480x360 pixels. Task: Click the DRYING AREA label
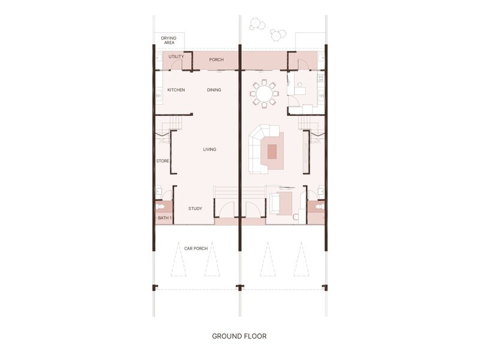[x=169, y=41]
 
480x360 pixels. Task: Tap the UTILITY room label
[x=176, y=57]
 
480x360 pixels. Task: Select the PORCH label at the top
[x=216, y=60]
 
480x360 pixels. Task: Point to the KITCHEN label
[x=176, y=90]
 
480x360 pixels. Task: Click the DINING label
[x=214, y=90]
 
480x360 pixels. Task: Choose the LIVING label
[x=209, y=149]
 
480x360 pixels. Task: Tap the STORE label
[x=162, y=161]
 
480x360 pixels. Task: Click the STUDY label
[x=194, y=209]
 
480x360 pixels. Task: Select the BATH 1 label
[x=164, y=218]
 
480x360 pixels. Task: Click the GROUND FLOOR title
[x=239, y=336]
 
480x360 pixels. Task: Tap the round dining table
[x=264, y=94]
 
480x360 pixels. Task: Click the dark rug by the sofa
[x=272, y=151]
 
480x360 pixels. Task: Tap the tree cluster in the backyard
[x=265, y=28]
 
